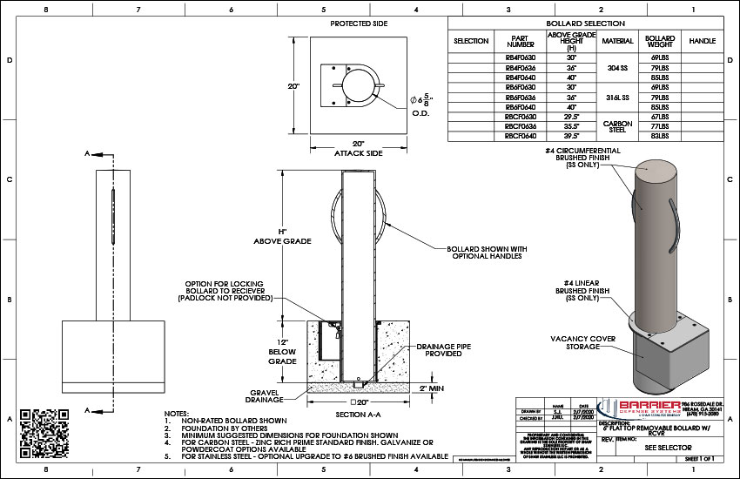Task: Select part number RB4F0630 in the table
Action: [520, 57]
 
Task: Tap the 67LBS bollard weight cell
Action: [658, 116]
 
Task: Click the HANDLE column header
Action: [702, 41]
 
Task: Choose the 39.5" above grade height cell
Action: [570, 136]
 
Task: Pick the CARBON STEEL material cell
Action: [617, 125]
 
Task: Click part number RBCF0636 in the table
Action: [520, 126]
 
